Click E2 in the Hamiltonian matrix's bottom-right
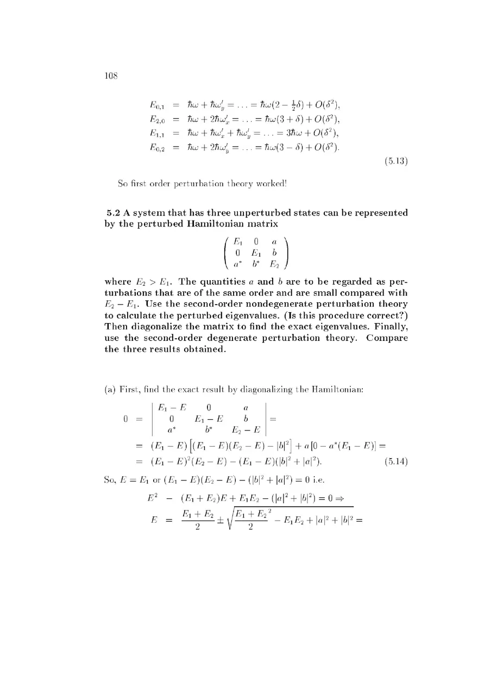274,264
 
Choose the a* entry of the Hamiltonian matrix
237,264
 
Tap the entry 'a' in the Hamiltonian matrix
274,241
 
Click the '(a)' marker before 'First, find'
110,389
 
